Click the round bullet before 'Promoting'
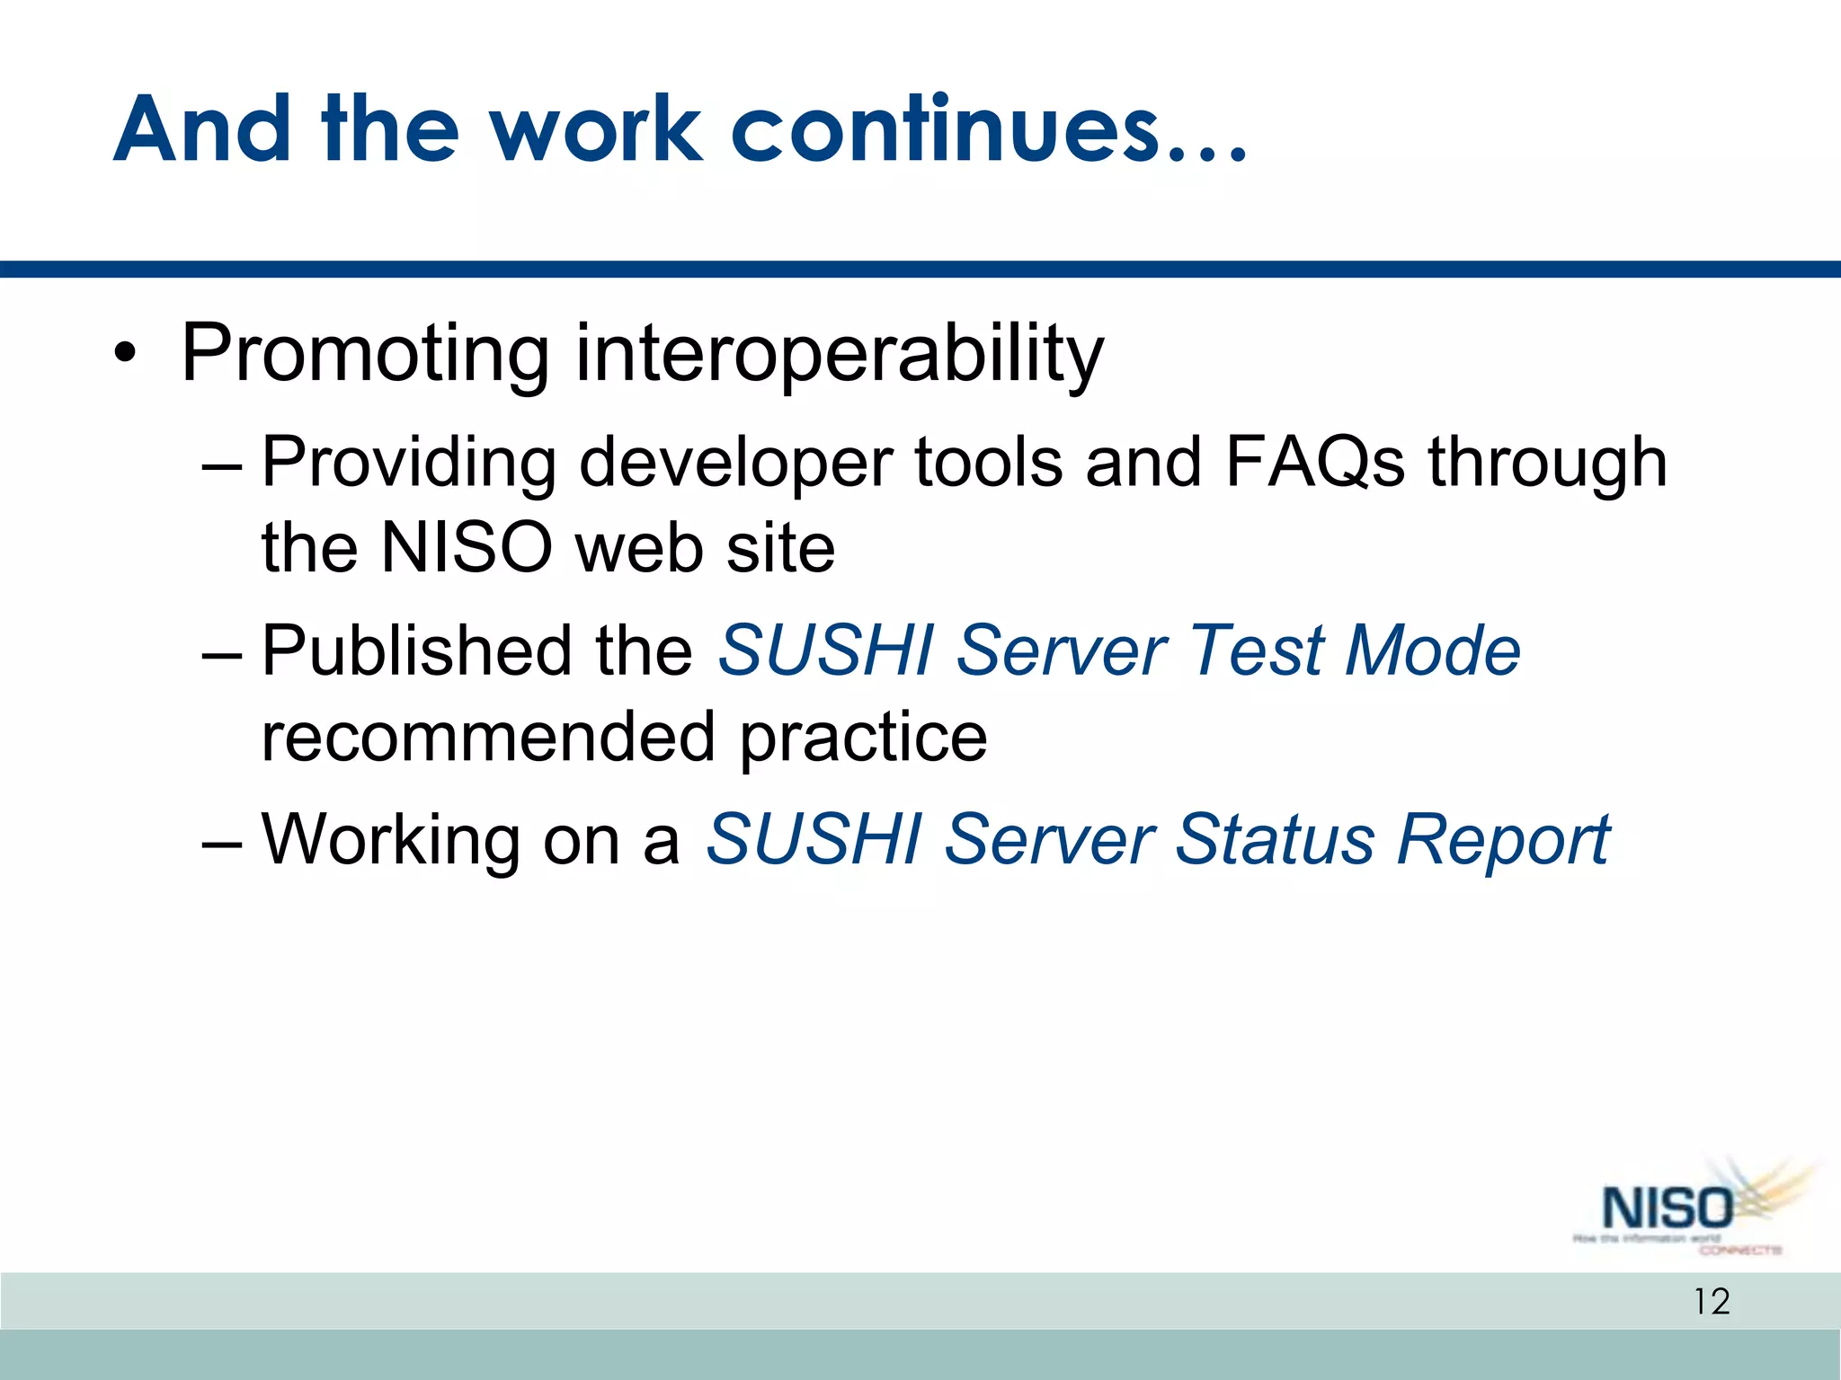coord(126,355)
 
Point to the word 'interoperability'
coord(839,355)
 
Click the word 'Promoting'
coord(364,355)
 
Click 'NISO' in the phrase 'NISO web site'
coord(466,548)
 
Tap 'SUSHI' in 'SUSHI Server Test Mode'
coord(825,650)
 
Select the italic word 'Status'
coord(1275,840)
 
